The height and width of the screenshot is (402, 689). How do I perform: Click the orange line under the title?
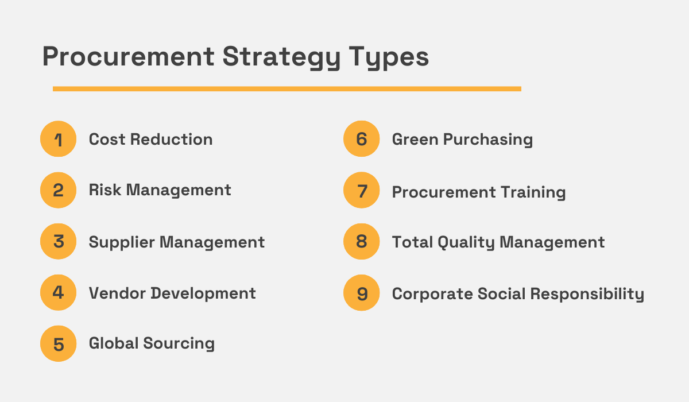tap(287, 89)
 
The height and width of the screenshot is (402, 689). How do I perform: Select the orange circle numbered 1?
tap(58, 139)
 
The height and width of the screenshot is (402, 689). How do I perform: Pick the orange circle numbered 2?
tap(58, 190)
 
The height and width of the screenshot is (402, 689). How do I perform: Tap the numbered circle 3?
tap(58, 242)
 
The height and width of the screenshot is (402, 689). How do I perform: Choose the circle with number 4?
tap(58, 293)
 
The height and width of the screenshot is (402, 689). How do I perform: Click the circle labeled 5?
tap(58, 344)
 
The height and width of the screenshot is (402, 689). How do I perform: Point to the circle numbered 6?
tap(361, 139)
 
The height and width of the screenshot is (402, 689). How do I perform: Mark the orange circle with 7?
tap(361, 190)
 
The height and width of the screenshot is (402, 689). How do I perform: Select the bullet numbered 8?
tap(361, 242)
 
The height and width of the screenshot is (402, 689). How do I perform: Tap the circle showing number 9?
tap(361, 293)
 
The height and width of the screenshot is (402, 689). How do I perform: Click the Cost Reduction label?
tap(150, 139)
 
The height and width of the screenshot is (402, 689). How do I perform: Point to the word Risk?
tap(104, 190)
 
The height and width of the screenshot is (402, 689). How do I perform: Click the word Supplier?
tap(122, 242)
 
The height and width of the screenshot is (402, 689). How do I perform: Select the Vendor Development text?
tap(172, 293)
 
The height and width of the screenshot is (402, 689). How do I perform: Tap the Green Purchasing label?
tap(462, 140)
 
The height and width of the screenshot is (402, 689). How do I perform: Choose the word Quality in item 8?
tap(466, 242)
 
